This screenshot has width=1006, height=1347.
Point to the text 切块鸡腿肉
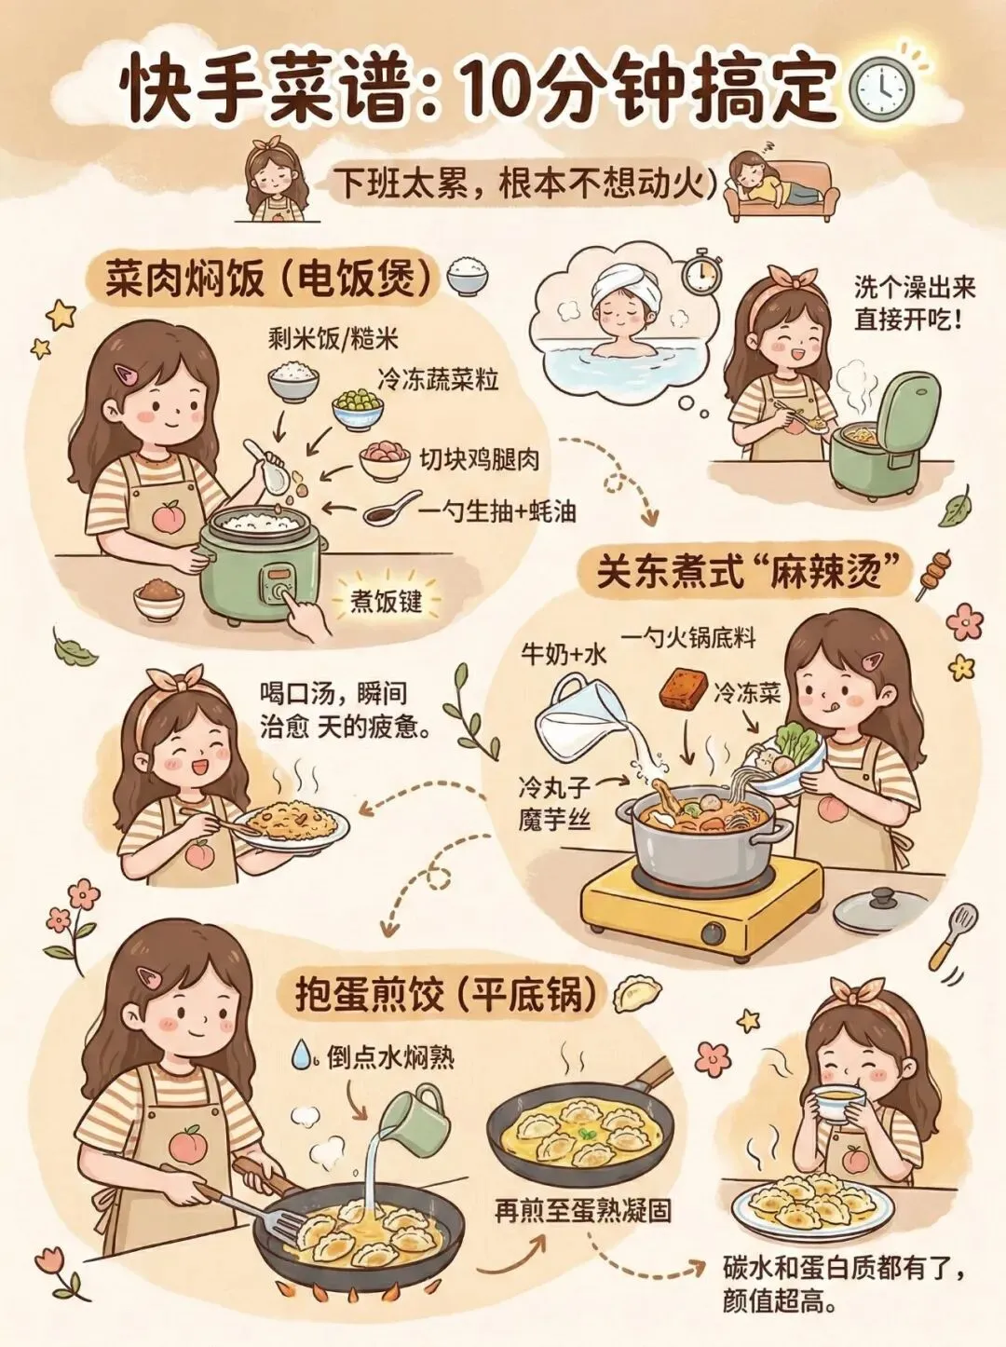tap(479, 459)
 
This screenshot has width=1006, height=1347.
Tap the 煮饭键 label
tap(387, 601)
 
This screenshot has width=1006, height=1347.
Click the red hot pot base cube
tap(684, 687)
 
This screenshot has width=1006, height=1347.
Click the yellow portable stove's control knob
tap(714, 934)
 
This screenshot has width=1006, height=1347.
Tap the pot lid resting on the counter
tap(883, 909)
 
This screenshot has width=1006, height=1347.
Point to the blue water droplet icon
tap(300, 1054)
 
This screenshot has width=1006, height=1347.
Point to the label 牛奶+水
tap(564, 656)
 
